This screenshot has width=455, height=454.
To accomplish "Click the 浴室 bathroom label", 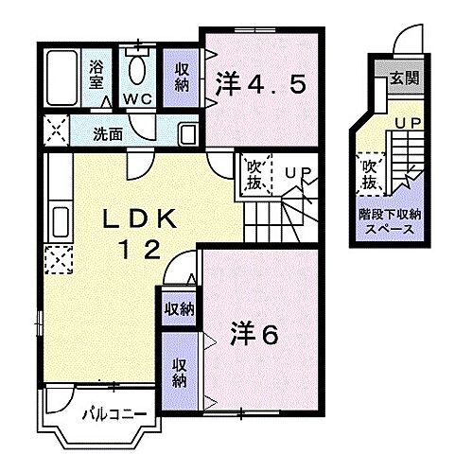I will coord(96,75).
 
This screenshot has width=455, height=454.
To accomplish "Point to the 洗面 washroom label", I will coord(106,134).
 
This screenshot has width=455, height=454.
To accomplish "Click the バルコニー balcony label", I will coord(113,411).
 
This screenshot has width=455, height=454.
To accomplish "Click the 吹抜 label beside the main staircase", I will coord(254,176).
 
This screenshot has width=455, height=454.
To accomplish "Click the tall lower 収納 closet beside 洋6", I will coord(178,371).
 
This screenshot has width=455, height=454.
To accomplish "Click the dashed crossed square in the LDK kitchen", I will coord(56,256).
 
